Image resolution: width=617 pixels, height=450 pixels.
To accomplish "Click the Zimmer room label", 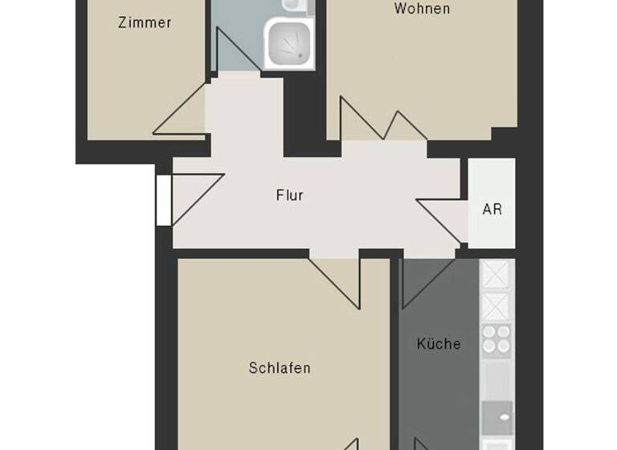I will pyautogui.click(x=145, y=23).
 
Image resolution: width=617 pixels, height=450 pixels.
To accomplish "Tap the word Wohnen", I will pyautogui.click(x=422, y=10).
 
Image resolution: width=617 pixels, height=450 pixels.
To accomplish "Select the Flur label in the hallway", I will pyautogui.click(x=289, y=195).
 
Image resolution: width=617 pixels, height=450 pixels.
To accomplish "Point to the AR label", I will pyautogui.click(x=492, y=210).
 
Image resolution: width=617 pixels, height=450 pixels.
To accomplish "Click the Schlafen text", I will pyautogui.click(x=280, y=369).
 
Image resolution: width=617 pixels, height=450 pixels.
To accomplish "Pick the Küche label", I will pyautogui.click(x=439, y=344).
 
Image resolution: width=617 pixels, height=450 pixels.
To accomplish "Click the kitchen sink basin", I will pyautogui.click(x=496, y=417).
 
